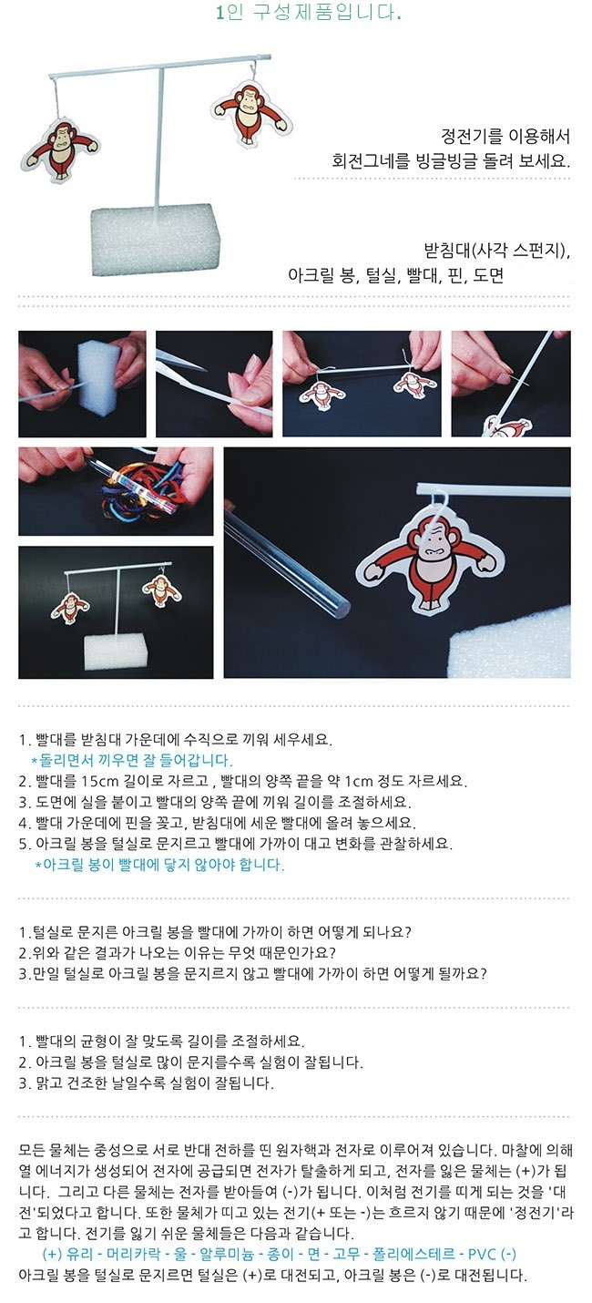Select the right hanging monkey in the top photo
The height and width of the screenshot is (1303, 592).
point(251,113)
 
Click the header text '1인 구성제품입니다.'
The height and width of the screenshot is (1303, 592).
point(308,12)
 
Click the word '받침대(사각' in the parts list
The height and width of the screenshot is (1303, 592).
point(463,251)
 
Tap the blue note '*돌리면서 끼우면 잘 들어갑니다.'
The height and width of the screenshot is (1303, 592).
point(131,760)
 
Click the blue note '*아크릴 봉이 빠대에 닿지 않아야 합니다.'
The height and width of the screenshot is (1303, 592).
point(160,865)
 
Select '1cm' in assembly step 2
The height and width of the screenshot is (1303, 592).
point(358,781)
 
